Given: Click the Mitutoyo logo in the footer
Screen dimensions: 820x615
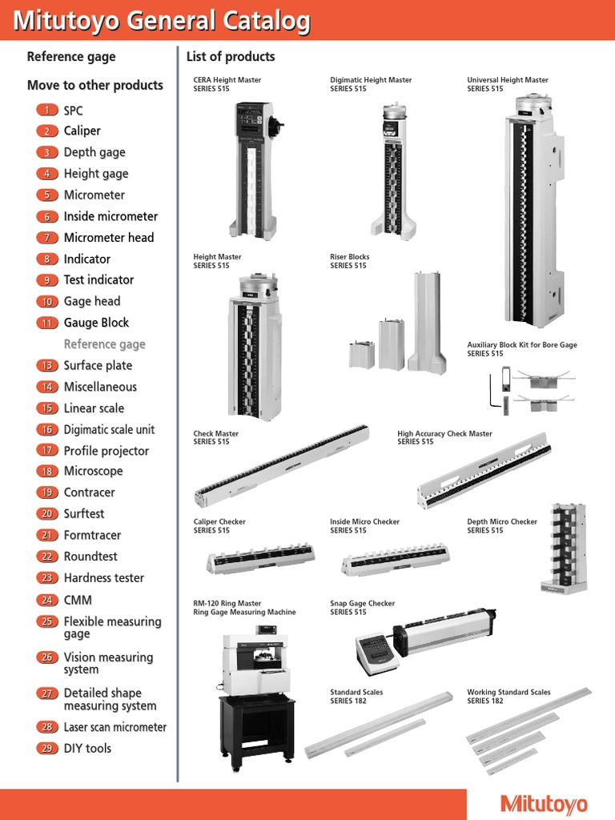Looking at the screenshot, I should pos(544,804).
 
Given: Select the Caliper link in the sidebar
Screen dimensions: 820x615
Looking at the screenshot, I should pos(82,131).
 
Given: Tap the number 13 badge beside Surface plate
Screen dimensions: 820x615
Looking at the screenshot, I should pos(47,365).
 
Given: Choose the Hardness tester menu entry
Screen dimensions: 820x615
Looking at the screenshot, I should pos(103,577).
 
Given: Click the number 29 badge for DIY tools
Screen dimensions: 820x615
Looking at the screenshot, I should pos(47,749).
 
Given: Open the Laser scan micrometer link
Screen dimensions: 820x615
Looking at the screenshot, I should pos(115,727).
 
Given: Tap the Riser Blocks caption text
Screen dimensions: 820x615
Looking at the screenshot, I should pos(350,261).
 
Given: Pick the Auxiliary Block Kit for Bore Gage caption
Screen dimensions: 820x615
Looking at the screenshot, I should pos(521,349).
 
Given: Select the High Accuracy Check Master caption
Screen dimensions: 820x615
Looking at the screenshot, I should pos(444,437).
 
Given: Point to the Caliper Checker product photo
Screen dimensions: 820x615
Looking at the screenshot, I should pos(260,558).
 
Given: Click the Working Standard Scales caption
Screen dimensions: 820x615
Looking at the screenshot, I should pos(508,696).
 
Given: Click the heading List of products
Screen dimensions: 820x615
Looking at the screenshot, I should pos(230,57).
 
